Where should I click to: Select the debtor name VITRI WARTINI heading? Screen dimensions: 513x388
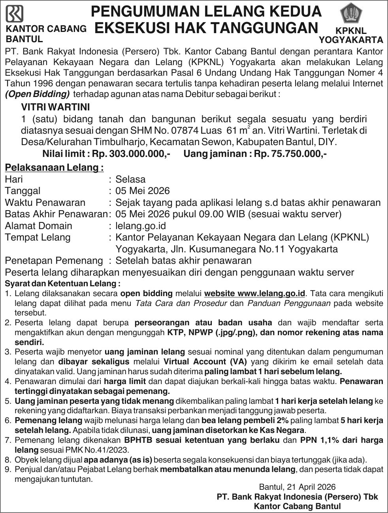click(x=55, y=107)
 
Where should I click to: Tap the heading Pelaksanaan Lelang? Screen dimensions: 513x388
click(x=54, y=168)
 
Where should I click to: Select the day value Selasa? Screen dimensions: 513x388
click(x=130, y=179)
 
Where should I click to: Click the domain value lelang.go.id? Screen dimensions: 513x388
click(x=140, y=226)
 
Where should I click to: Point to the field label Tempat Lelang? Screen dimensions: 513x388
click(x=38, y=237)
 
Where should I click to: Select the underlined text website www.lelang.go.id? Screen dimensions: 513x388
click(x=255, y=294)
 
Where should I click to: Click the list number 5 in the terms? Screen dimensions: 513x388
click(x=8, y=401)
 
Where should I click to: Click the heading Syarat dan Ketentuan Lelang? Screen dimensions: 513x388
click(x=62, y=284)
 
